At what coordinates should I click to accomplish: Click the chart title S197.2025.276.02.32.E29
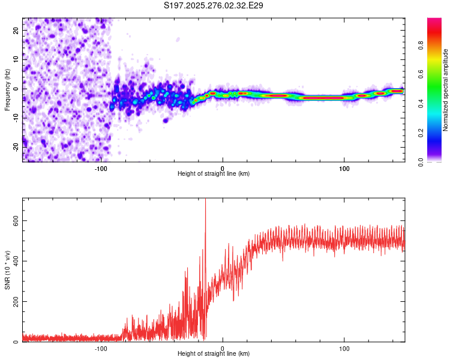(x=214, y=5)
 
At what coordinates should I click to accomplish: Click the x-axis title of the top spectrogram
(x=214, y=173)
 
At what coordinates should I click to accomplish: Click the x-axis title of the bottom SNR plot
(x=214, y=353)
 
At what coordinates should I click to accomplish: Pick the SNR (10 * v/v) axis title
(x=8, y=270)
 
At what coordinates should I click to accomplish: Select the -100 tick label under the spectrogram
(x=100, y=168)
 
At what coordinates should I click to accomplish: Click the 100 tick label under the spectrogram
(x=344, y=168)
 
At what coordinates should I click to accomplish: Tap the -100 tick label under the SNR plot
(x=100, y=348)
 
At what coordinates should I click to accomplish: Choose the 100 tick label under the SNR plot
(x=344, y=348)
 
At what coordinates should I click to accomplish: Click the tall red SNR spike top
(x=206, y=199)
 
